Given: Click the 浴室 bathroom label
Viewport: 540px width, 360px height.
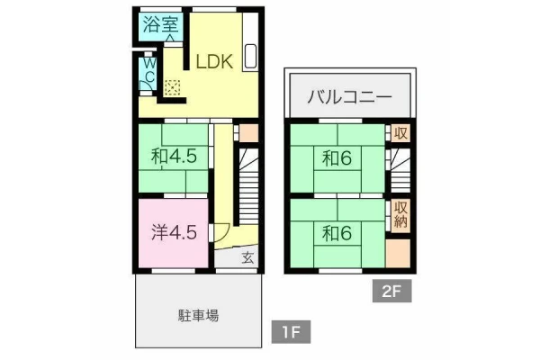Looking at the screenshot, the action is pyautogui.click(x=160, y=25).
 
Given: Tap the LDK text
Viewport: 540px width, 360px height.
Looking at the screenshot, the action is pyautogui.click(x=214, y=62).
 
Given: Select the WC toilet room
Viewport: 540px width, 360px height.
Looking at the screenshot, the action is pyautogui.click(x=148, y=74).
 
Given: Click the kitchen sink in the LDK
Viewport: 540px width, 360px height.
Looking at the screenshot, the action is pyautogui.click(x=250, y=56).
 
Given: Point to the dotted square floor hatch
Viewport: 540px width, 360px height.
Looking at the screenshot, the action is pyautogui.click(x=172, y=87).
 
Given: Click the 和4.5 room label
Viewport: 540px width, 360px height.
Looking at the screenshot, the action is pyautogui.click(x=174, y=157).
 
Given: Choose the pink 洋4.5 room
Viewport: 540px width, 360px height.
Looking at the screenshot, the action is pyautogui.click(x=174, y=233).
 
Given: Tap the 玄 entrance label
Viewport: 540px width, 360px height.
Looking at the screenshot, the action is pyautogui.click(x=248, y=257).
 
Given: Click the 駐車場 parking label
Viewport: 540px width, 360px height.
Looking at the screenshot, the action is pyautogui.click(x=198, y=315).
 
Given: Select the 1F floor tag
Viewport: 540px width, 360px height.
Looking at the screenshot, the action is pyautogui.click(x=291, y=332).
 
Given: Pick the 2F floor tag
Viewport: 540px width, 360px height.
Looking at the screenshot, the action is pyautogui.click(x=391, y=291).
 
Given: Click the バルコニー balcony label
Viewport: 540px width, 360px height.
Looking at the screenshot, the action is pyautogui.click(x=349, y=96).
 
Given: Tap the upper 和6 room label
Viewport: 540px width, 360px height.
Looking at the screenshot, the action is pyautogui.click(x=337, y=158).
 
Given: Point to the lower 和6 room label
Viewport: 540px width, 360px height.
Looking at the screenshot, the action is pyautogui.click(x=337, y=234).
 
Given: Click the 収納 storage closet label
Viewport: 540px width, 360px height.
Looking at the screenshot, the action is pyautogui.click(x=400, y=214).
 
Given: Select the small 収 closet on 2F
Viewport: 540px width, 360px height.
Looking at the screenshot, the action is pyautogui.click(x=400, y=133).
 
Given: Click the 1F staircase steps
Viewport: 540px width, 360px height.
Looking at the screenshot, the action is pyautogui.click(x=248, y=186).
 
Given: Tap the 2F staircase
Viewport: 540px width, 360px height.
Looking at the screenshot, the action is pyautogui.click(x=400, y=170).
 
